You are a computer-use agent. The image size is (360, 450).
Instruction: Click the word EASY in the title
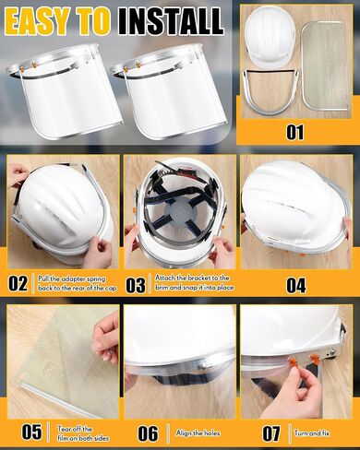click(36, 20)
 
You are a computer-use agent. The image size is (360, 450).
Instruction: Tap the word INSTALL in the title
click(171, 20)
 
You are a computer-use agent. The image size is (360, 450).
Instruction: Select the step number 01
click(294, 132)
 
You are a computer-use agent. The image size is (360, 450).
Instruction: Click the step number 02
click(18, 283)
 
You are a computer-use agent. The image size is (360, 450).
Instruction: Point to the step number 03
click(136, 285)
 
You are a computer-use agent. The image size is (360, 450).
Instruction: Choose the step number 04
click(296, 286)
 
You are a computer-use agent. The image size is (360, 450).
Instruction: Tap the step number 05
click(31, 432)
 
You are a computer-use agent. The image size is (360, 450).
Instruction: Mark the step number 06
click(148, 433)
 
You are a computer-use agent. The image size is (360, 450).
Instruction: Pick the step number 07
click(271, 433)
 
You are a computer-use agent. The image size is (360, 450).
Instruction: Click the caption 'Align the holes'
click(198, 433)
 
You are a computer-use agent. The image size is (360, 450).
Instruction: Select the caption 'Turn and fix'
click(312, 433)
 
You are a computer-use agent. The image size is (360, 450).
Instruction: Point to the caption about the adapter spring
click(78, 283)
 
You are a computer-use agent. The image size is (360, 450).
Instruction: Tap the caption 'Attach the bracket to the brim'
click(194, 282)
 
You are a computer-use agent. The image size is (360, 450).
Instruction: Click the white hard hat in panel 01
click(270, 39)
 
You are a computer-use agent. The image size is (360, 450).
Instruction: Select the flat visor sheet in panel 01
click(325, 66)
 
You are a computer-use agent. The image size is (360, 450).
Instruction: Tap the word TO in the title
click(92, 20)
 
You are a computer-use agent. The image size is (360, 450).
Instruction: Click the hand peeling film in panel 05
click(106, 338)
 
